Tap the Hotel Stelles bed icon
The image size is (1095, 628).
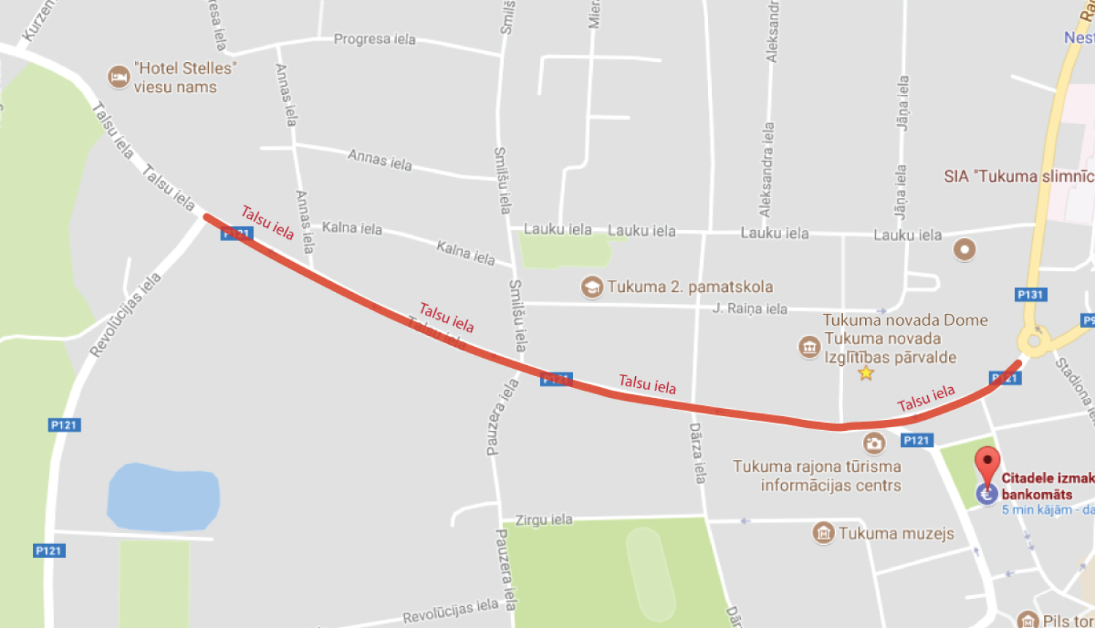(x=118, y=77)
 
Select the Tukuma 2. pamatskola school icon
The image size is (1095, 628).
(x=591, y=287)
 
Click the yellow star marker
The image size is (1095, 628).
(x=866, y=374)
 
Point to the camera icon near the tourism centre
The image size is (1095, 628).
(x=874, y=443)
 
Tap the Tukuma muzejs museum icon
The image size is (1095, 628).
(x=823, y=533)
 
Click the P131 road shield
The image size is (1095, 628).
(x=1031, y=294)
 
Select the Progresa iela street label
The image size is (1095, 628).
(x=374, y=39)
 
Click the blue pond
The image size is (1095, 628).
(x=163, y=497)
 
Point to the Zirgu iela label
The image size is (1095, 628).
(x=544, y=520)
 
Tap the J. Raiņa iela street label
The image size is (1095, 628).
(x=750, y=309)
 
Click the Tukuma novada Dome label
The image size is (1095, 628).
(x=905, y=321)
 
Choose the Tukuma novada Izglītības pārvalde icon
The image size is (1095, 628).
(x=809, y=347)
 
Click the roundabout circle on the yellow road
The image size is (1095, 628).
(x=1034, y=340)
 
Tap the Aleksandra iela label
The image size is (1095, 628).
(x=766, y=169)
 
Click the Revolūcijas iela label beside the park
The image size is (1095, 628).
(x=125, y=315)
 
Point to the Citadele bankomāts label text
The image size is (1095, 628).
(x=1045, y=486)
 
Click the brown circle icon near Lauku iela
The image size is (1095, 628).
(x=964, y=250)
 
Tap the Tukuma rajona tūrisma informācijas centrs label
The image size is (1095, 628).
(x=817, y=475)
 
